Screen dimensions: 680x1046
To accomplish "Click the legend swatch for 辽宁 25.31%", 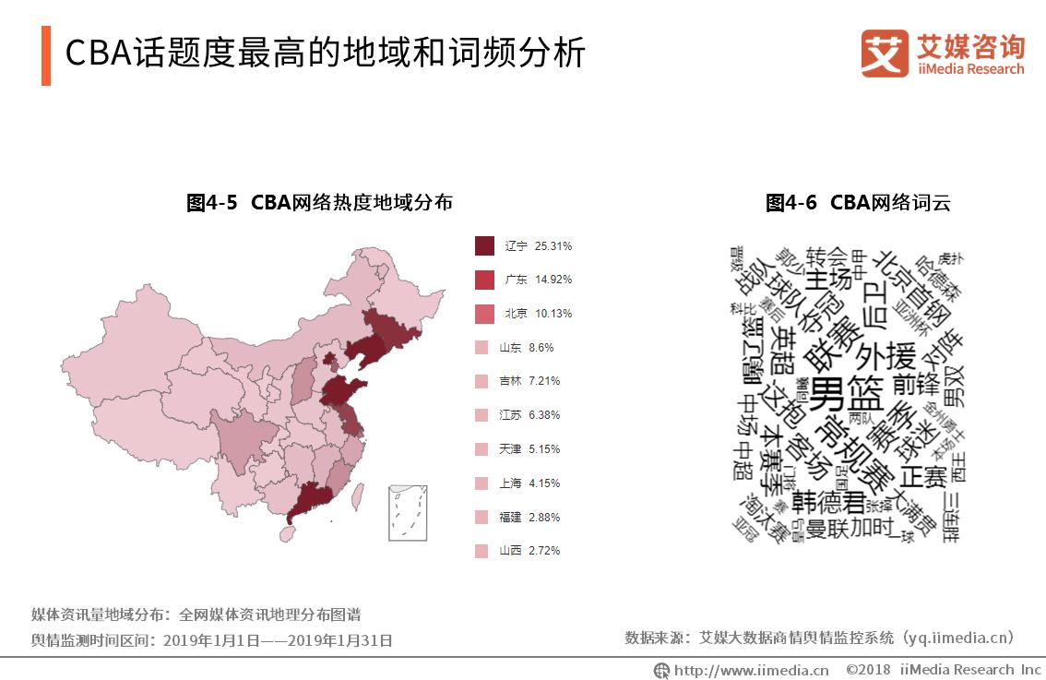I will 484,246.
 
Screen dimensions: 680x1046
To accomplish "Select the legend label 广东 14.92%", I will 538,280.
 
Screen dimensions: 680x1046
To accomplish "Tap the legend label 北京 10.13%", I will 538,314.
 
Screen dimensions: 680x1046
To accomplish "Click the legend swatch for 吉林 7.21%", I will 481,381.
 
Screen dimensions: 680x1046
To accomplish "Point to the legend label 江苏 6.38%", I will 529,415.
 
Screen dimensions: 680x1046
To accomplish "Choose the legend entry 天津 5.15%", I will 529,449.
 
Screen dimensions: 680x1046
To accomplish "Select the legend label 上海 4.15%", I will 529,483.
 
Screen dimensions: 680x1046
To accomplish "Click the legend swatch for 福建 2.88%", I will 481,517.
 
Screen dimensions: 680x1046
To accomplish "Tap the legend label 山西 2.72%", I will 529,551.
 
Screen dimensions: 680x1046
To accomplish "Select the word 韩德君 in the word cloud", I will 827,503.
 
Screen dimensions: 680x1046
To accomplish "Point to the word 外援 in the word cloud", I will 886,355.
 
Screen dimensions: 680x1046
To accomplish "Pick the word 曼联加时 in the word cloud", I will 850,529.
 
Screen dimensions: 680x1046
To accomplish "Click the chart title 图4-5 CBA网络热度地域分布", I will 319,203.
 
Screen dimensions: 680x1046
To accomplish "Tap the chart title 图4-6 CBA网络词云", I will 857,203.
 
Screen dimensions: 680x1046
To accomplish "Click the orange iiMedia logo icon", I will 884,54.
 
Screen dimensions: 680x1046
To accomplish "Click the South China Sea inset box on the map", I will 407,512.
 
